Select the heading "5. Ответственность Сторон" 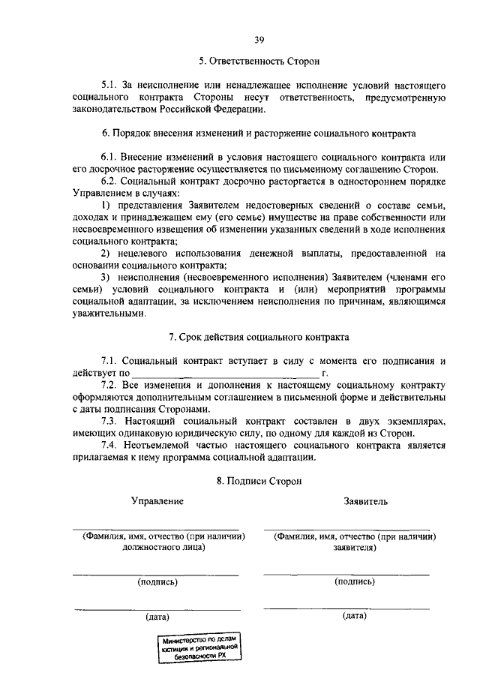click(259, 60)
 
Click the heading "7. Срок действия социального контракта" click(259, 338)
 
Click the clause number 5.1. click(110, 86)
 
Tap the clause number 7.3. click(110, 422)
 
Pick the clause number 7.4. click(110, 446)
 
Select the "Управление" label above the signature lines click(157, 500)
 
